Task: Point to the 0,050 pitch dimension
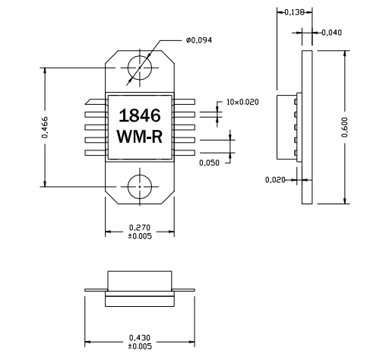tap(210, 162)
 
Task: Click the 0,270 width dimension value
tap(139, 227)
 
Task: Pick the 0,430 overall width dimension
tap(139, 337)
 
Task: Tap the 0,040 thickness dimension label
tap(331, 32)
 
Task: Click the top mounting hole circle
tap(140, 68)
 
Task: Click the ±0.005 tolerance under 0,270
tap(139, 235)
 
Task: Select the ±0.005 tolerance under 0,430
tap(139, 346)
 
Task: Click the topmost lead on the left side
tap(94, 101)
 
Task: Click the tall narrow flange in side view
tap(307, 127)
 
